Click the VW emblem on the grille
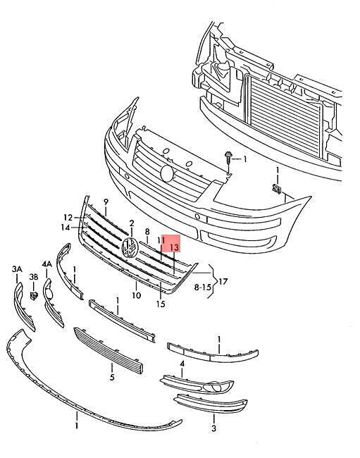(x=130, y=248)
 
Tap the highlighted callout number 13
(x=174, y=248)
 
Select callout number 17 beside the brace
(x=223, y=282)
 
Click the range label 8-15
(x=203, y=287)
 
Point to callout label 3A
(x=17, y=269)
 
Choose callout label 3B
(x=34, y=277)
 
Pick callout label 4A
(x=46, y=264)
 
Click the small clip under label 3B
(x=34, y=295)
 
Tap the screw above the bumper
(x=228, y=158)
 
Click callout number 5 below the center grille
(x=112, y=377)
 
